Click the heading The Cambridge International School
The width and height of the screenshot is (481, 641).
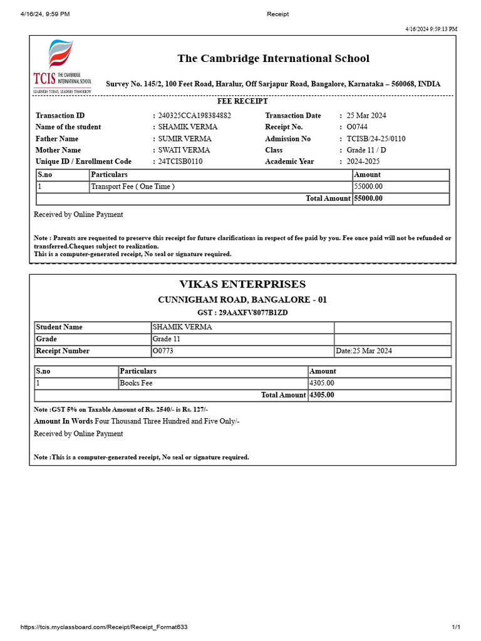click(x=273, y=59)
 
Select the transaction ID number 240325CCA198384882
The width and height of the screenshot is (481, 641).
click(x=195, y=116)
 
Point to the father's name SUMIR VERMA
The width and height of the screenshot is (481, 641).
click(x=185, y=139)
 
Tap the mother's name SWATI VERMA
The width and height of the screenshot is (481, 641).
click(x=184, y=150)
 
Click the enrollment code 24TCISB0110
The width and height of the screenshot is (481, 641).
click(x=180, y=162)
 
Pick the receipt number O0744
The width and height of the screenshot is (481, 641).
click(x=357, y=127)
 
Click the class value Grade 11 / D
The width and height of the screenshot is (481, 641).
click(x=367, y=150)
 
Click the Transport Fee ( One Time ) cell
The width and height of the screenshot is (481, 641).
click(x=133, y=187)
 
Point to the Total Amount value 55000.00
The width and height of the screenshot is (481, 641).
click(x=368, y=198)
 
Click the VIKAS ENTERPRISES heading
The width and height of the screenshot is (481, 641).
click(x=242, y=285)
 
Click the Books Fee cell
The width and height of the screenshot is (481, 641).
click(x=136, y=383)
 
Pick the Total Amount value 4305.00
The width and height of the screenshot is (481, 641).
click(x=322, y=395)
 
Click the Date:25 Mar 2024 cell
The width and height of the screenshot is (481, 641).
click(x=364, y=351)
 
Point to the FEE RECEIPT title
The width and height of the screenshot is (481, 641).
click(x=242, y=101)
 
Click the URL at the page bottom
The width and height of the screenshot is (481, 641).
click(x=104, y=627)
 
